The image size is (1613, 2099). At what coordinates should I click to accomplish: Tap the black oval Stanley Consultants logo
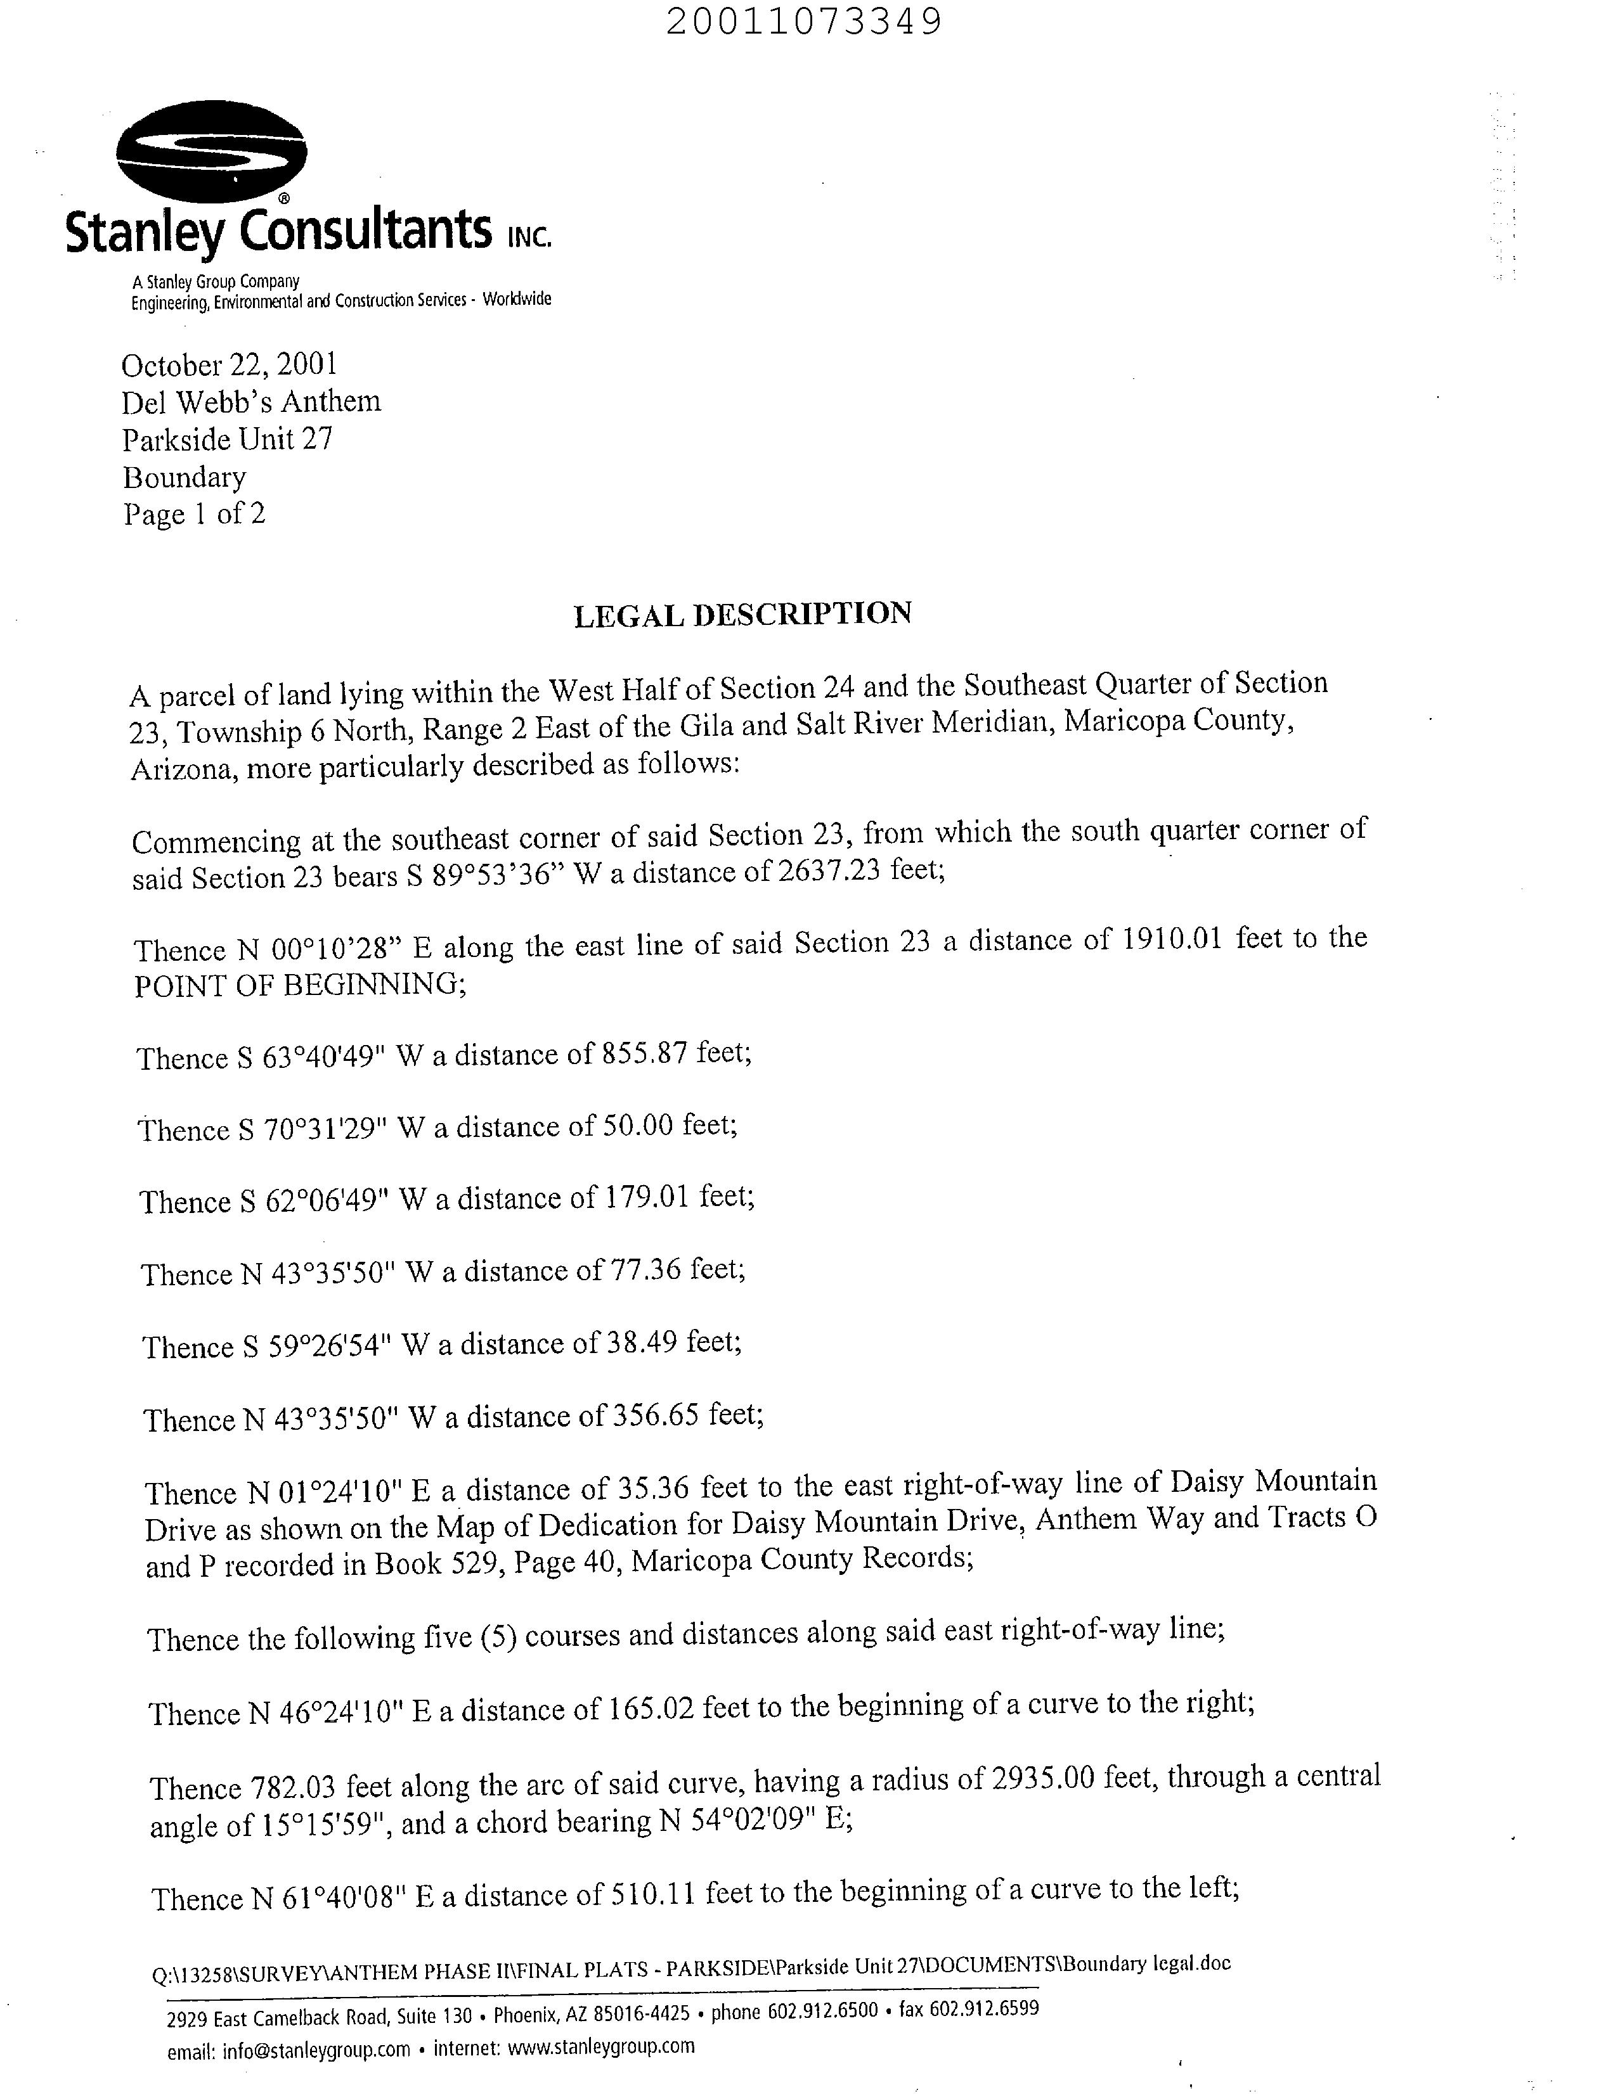[211, 151]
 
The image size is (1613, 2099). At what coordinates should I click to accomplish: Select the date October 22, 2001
[230, 364]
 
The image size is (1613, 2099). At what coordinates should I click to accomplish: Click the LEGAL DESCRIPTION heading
[742, 613]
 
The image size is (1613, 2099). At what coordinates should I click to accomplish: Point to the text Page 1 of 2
[194, 515]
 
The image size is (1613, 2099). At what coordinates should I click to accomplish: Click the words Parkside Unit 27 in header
[228, 440]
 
